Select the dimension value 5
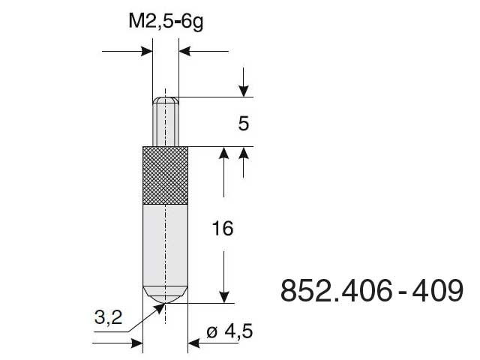pyautogui.click(x=243, y=123)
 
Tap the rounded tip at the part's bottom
pyautogui.click(x=165, y=294)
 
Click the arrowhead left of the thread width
pyautogui.click(x=145, y=52)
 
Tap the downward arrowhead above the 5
pyautogui.click(x=243, y=91)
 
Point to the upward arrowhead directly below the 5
pyautogui.click(x=243, y=153)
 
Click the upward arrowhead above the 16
pyautogui.click(x=223, y=153)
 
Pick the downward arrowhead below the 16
pyautogui.click(x=223, y=296)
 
